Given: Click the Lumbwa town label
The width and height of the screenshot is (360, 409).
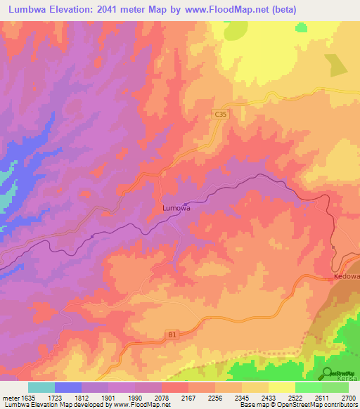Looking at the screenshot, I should tap(176, 208).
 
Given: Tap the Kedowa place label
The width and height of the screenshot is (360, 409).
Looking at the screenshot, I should tap(347, 276).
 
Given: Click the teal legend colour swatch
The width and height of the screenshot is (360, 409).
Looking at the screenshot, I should tap(41, 387).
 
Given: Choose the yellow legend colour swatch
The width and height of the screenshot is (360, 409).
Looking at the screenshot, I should tap(282, 387).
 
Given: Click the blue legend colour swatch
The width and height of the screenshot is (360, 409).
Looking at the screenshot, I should tap(68, 387).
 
